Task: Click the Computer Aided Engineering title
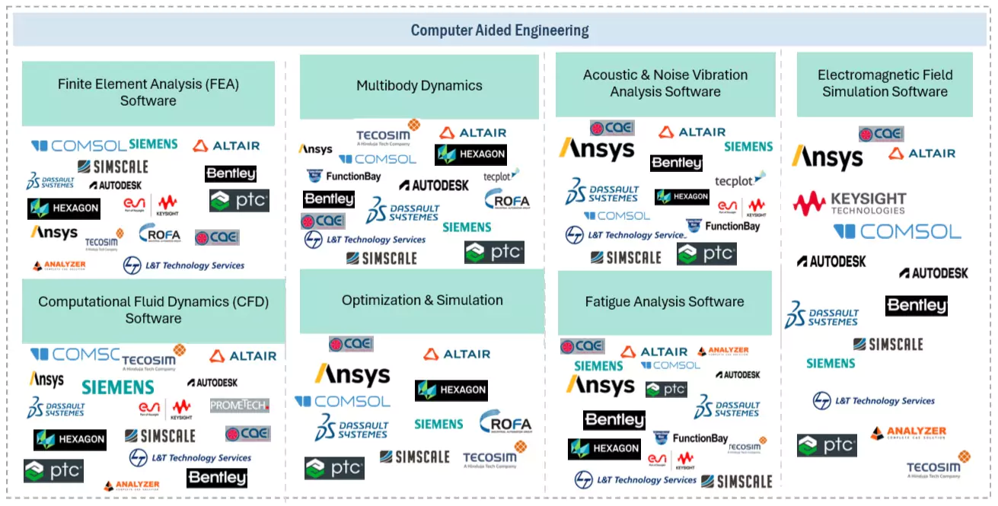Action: click(x=499, y=30)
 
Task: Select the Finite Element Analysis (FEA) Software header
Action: click(x=148, y=93)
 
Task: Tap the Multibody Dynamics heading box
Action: click(x=419, y=86)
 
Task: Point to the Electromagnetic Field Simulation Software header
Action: click(x=885, y=84)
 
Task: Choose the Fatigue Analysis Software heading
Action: click(x=665, y=302)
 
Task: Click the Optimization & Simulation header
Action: click(x=422, y=301)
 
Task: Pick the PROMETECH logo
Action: click(x=240, y=406)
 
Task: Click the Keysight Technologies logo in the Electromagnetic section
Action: click(x=850, y=203)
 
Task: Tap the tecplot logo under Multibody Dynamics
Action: click(x=501, y=177)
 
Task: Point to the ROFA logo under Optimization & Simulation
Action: click(x=505, y=423)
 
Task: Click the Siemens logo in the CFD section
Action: click(x=118, y=387)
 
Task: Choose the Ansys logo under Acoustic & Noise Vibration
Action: click(x=597, y=149)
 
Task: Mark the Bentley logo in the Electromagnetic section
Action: click(x=917, y=306)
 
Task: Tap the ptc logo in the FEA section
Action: click(x=239, y=201)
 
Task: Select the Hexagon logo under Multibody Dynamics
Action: click(x=470, y=154)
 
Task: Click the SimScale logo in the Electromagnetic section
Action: click(x=888, y=345)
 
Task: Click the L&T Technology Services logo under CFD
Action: click(x=190, y=458)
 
